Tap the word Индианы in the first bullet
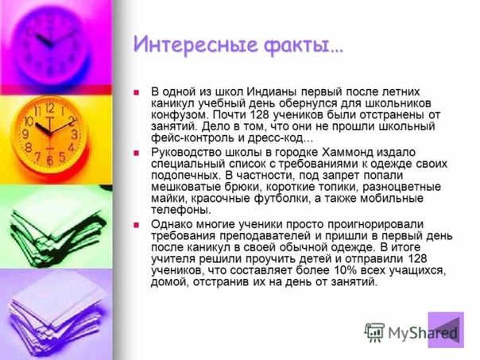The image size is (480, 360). click(x=272, y=91)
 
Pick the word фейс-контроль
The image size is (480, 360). click(x=193, y=137)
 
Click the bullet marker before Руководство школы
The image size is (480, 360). click(x=136, y=153)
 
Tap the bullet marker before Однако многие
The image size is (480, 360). click(x=136, y=226)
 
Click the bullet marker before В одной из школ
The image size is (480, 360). click(x=136, y=92)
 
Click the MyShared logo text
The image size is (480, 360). click(x=423, y=333)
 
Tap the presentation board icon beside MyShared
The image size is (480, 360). click(x=374, y=332)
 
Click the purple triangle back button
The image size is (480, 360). click(x=446, y=330)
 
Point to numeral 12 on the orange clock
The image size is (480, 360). click(x=50, y=108)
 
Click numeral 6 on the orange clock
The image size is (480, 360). click(x=49, y=160)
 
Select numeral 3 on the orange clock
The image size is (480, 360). click(x=74, y=134)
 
